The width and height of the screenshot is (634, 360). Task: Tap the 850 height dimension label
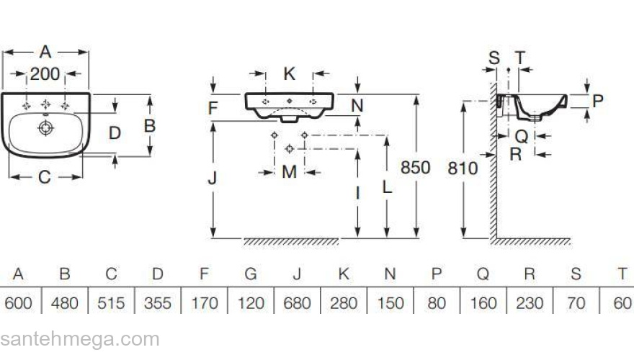[x=415, y=168]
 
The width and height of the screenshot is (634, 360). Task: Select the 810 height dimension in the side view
[x=463, y=168]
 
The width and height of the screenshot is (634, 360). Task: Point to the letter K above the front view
[x=289, y=73]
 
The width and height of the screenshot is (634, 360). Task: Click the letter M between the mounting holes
[x=288, y=172]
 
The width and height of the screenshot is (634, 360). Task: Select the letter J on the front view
[x=213, y=179]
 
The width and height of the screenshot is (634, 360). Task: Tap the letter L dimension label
[x=387, y=186]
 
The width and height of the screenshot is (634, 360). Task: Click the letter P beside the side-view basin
[x=597, y=101]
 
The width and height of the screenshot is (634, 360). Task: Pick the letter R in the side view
[x=515, y=153]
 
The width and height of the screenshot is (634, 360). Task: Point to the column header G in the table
[x=251, y=274]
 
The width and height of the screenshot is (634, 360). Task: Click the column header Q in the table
[x=483, y=274]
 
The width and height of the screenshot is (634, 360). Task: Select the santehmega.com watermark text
[x=79, y=339]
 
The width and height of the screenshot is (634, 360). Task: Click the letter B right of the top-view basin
[x=149, y=125]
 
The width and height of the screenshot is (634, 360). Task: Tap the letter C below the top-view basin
[x=45, y=177]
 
